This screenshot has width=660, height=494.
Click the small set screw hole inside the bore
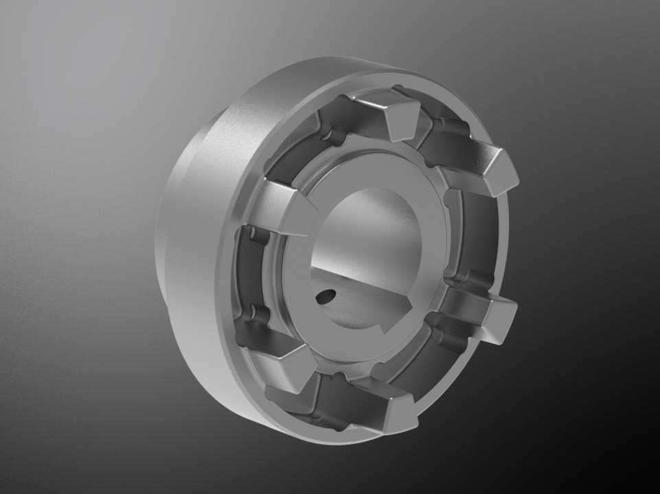(323, 296)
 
